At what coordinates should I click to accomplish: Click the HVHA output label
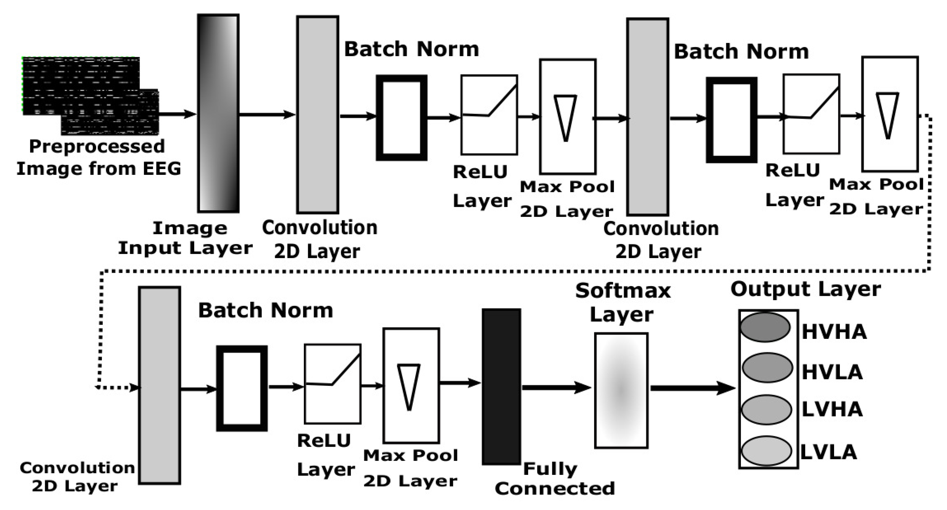coord(834,332)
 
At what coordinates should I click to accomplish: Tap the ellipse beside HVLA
coord(767,367)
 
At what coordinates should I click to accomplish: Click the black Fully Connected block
coord(501,387)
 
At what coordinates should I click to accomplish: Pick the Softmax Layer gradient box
coord(621,390)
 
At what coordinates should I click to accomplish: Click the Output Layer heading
coord(805,289)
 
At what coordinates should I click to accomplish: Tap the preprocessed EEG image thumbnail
coord(90,96)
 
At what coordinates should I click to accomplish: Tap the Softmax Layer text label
coord(622,302)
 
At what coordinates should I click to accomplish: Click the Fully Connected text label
coord(554,479)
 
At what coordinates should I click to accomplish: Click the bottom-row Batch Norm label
coord(266,311)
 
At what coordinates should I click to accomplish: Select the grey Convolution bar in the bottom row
coord(160,385)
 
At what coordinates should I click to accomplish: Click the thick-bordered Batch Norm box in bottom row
coord(242,388)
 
